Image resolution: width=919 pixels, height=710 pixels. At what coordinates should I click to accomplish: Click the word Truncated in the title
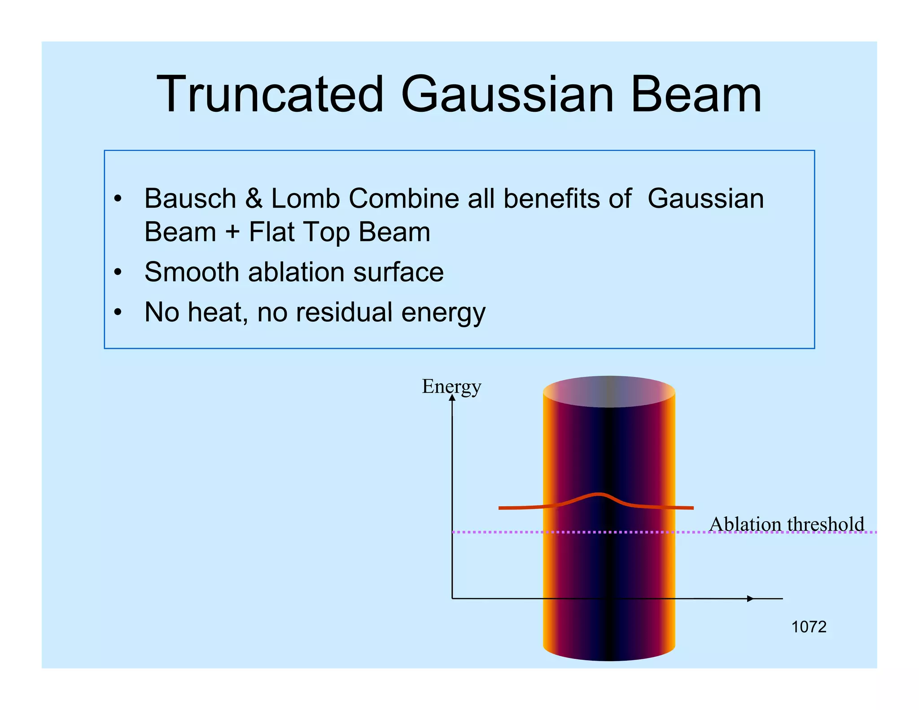point(270,95)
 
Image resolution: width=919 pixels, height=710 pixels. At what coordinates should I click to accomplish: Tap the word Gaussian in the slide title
point(507,95)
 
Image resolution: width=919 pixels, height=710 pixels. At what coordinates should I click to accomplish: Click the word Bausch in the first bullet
point(190,198)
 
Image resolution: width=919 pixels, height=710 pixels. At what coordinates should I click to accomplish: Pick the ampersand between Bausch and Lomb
point(254,198)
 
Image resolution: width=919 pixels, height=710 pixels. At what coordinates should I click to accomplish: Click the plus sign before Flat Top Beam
point(232,232)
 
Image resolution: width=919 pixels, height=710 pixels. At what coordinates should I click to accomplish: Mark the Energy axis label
point(451,386)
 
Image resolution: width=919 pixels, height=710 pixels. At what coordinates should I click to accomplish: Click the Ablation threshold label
point(786,524)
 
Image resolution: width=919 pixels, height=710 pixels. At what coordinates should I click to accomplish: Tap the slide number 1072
point(809,627)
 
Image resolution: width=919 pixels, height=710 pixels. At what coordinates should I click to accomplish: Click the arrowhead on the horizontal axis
point(750,598)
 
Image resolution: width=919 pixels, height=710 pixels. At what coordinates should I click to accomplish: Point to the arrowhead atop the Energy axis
point(452,398)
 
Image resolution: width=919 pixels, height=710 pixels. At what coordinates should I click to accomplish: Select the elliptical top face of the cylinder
point(609,391)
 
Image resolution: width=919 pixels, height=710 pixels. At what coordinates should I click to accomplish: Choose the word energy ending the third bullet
point(443,313)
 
